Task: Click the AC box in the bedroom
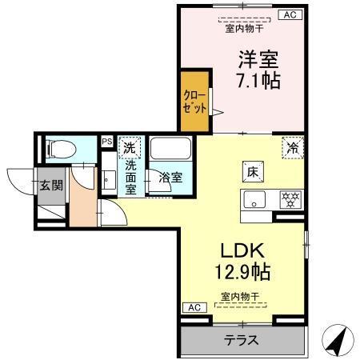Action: tap(290, 14)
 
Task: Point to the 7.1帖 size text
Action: tap(257, 81)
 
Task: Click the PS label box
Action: tap(106, 142)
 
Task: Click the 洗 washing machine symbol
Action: tap(128, 148)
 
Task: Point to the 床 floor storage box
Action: tap(250, 171)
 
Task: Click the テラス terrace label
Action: tap(240, 340)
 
